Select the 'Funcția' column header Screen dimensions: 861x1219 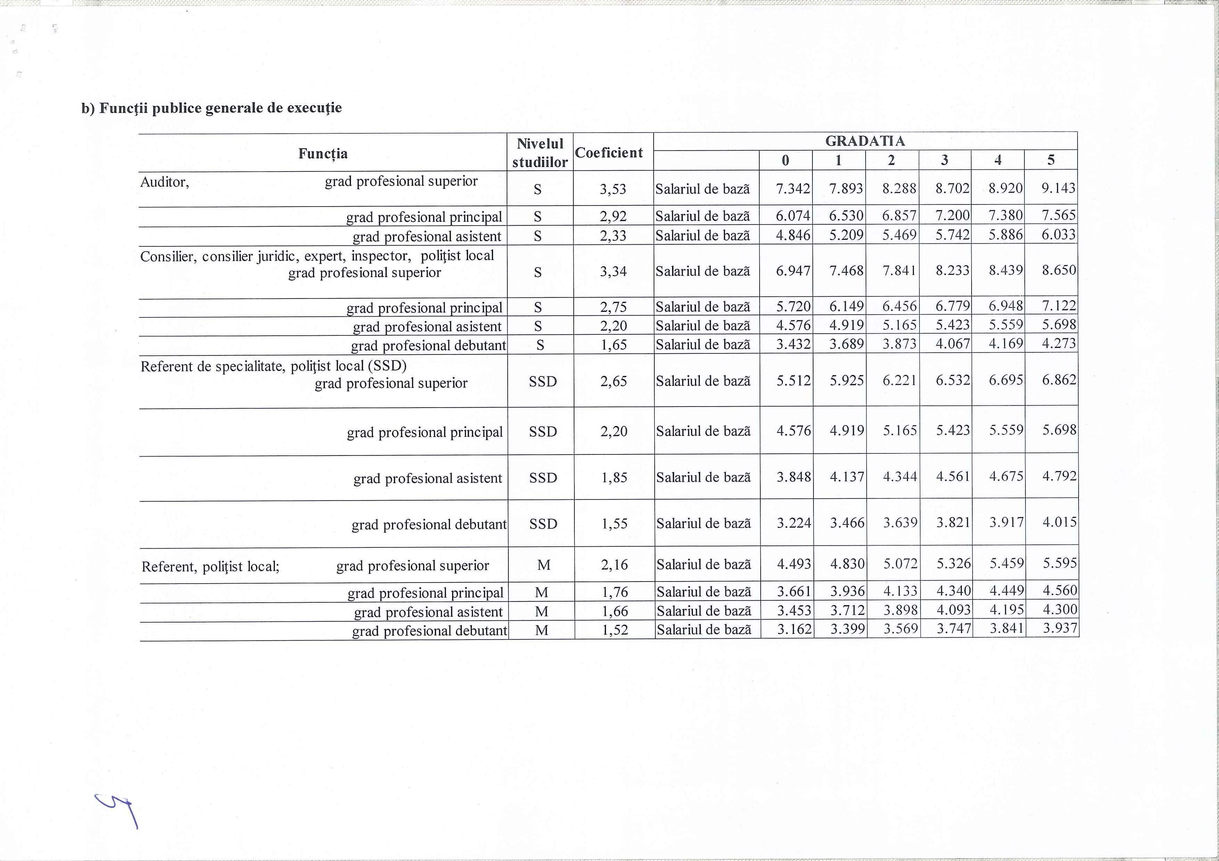point(323,154)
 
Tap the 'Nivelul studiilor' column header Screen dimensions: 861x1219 point(540,153)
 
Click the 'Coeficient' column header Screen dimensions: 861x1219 point(608,153)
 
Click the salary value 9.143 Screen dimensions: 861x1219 point(1058,188)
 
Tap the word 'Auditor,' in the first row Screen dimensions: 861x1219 point(165,183)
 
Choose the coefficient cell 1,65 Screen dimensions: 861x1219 point(613,345)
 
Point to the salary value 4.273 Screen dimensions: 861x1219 point(1059,343)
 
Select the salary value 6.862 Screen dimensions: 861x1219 point(1059,380)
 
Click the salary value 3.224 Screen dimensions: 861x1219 point(794,523)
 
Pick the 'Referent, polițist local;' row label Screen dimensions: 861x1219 point(210,567)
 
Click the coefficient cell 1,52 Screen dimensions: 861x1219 point(614,630)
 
